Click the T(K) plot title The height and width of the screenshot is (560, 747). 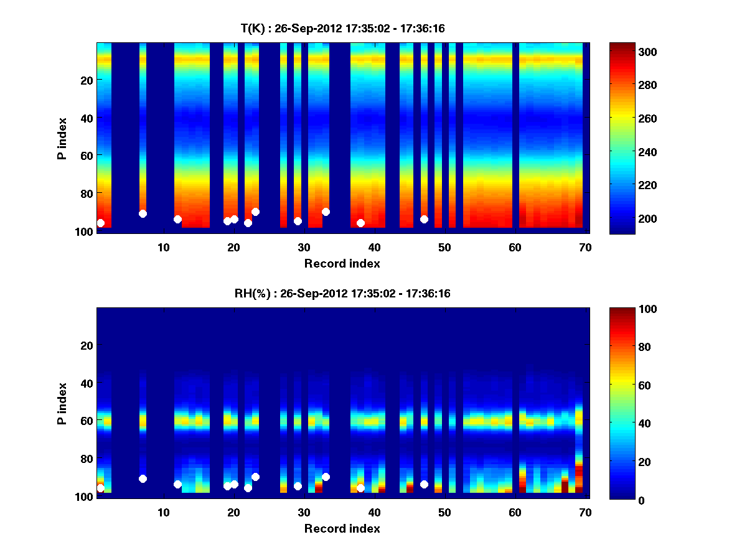coord(342,28)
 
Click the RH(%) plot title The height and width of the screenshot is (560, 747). coord(342,293)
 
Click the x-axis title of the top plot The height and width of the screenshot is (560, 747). coord(342,263)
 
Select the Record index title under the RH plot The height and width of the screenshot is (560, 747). coord(342,528)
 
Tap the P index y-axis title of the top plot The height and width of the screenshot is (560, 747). coord(62,138)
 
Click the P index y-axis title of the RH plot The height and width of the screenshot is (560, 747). coord(62,403)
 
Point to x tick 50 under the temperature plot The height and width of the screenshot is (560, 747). coord(444,247)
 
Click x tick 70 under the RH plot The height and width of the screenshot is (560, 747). coord(585,512)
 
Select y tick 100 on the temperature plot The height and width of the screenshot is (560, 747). coord(86,231)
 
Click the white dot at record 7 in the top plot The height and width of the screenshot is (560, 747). coord(143,213)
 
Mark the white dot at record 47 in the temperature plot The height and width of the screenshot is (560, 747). coord(424,219)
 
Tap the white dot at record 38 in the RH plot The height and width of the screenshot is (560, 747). coord(360,488)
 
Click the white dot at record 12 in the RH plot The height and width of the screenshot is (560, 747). coord(177,484)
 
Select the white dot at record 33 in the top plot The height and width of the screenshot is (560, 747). coord(326,212)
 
